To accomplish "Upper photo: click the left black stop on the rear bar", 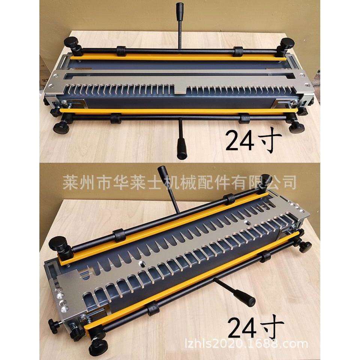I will [121, 50].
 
